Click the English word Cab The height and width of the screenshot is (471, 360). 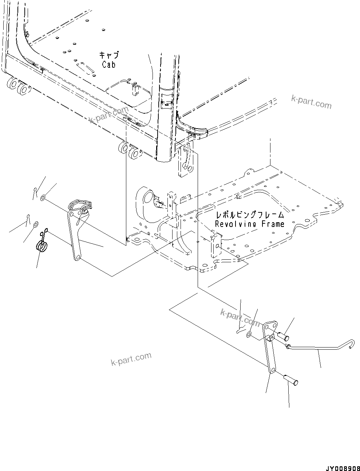click(109, 64)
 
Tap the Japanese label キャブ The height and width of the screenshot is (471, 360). click(109, 55)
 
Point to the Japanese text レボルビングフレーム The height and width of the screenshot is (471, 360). click(249, 215)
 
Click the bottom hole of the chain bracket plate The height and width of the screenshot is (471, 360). click(77, 258)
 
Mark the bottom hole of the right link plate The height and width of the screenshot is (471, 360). click(272, 370)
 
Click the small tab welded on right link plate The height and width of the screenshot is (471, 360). click(269, 338)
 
